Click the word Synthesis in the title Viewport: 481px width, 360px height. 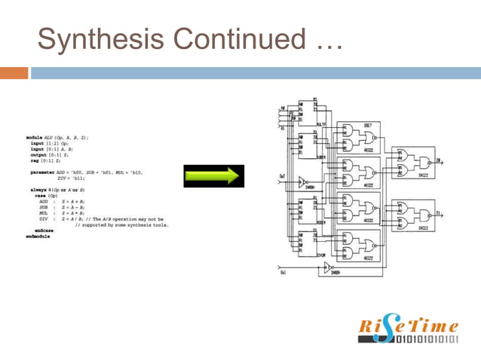pyautogui.click(x=95, y=37)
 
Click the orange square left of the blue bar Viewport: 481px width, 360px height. pyautogui.click(x=14, y=73)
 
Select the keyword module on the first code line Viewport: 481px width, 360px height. pyautogui.click(x=37, y=138)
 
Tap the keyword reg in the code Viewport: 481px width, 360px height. pyautogui.click(x=34, y=161)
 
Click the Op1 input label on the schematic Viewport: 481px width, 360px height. pyautogui.click(x=283, y=273)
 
